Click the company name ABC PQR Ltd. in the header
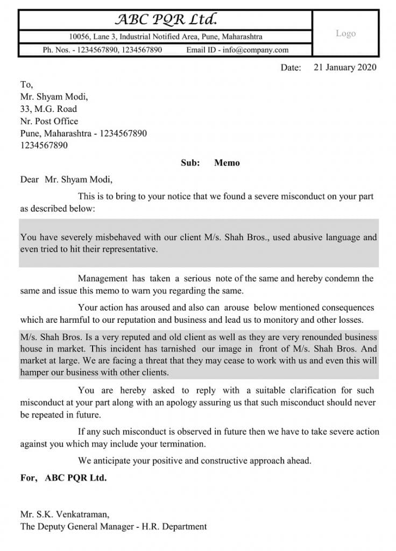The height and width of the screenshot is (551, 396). (166, 20)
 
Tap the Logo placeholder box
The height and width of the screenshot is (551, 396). (345, 33)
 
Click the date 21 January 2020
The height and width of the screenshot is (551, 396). (345, 67)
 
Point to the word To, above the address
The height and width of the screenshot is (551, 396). (26, 84)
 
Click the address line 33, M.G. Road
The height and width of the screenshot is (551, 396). (48, 109)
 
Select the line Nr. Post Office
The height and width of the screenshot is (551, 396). (49, 121)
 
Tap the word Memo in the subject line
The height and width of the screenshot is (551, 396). (227, 163)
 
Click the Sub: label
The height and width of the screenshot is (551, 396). (190, 163)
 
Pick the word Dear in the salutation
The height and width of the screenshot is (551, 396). (30, 180)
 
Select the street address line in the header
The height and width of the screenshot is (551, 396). (166, 37)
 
